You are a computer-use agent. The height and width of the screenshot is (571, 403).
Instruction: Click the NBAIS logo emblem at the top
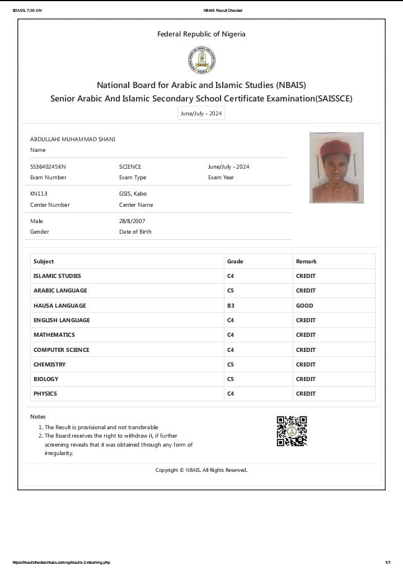[201, 60]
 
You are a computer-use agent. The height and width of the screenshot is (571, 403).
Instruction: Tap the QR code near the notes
[292, 431]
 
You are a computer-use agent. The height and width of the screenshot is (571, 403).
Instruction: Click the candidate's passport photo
[336, 168]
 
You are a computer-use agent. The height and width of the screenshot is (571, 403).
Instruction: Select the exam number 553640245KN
[48, 167]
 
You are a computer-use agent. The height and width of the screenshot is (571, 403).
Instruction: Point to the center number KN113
[39, 194]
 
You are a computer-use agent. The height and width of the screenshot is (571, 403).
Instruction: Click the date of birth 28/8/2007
[132, 221]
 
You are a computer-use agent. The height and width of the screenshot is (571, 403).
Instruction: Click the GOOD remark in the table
[304, 305]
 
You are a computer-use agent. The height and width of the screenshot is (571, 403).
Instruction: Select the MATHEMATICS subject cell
[54, 335]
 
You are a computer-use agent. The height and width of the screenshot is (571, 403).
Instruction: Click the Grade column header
[235, 261]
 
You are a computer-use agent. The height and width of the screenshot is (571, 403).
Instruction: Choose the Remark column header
[306, 261]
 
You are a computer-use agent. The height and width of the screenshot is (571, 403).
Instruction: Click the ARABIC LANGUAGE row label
[60, 290]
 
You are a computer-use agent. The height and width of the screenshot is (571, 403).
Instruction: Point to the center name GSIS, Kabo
[133, 194]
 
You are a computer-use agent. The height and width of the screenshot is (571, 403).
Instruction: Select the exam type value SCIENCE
[130, 167]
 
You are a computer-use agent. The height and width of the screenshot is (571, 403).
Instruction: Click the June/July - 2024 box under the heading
[201, 114]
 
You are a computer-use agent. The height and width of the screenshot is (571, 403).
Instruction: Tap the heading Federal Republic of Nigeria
[201, 34]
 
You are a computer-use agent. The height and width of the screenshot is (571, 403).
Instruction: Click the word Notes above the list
[38, 416]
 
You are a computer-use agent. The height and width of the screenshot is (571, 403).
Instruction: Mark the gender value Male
[36, 221]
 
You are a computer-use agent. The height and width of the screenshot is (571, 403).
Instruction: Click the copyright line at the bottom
[201, 470]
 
